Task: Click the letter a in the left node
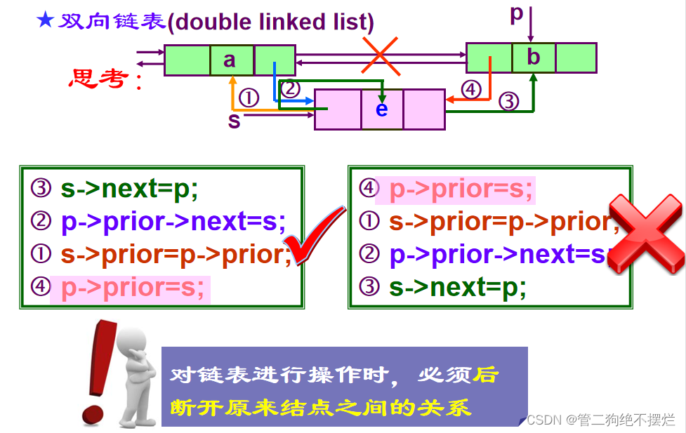point(230,60)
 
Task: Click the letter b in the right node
point(533,58)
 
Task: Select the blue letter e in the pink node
point(381,109)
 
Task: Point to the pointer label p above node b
point(517,13)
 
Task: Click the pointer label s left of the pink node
point(235,121)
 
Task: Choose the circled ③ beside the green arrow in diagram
point(509,102)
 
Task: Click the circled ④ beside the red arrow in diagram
point(472,89)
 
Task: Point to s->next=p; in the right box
point(457,287)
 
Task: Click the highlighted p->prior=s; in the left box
point(133,288)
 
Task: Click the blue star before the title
point(45,20)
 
